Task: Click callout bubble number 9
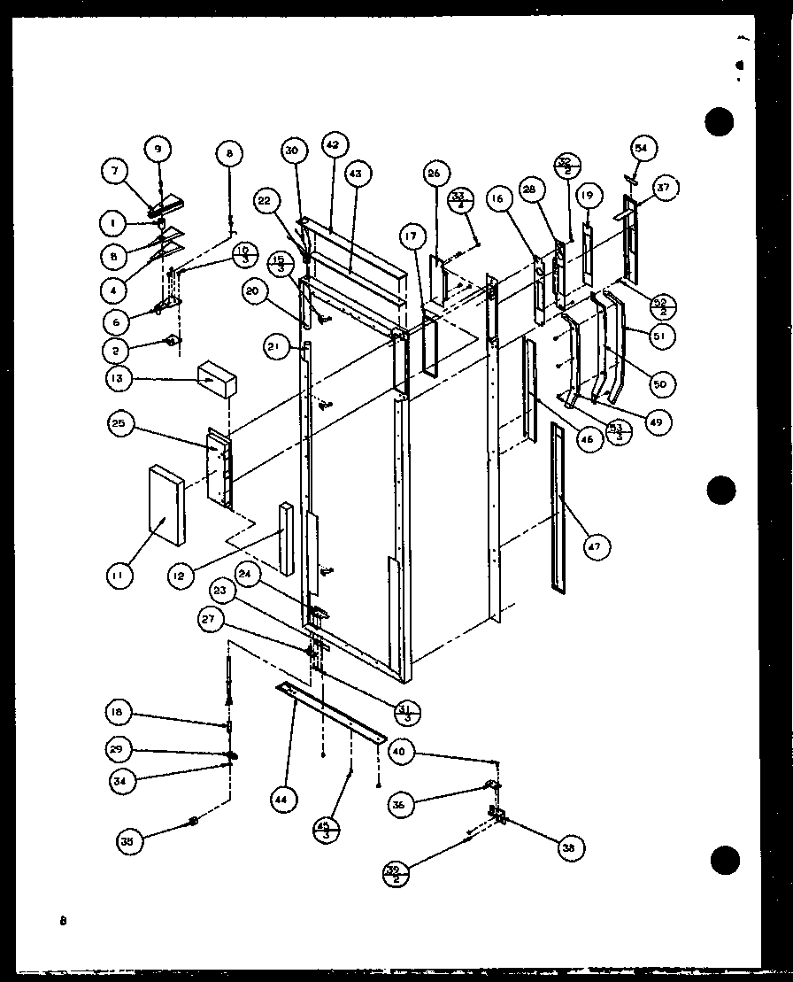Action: click(158, 148)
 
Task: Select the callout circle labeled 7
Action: click(113, 171)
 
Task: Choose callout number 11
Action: click(117, 576)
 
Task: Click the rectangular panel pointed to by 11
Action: click(166, 505)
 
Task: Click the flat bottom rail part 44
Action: click(331, 712)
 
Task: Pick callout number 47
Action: click(593, 547)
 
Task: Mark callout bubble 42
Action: click(333, 144)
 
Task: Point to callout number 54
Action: click(643, 148)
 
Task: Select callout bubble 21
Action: click(274, 348)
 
